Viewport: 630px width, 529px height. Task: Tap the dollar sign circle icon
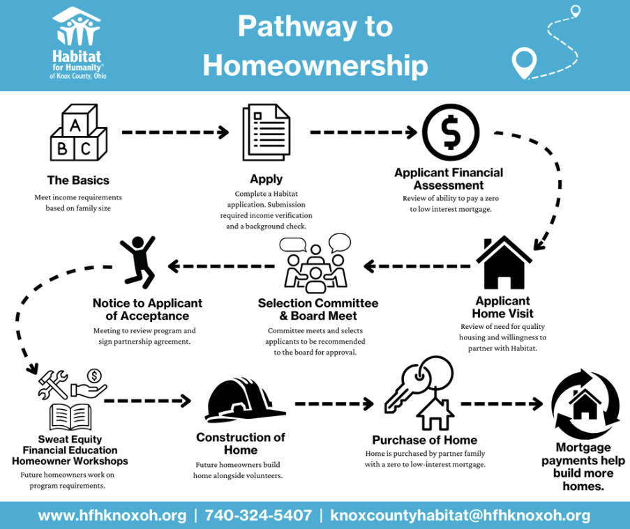point(451,131)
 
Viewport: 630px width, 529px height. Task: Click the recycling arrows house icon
point(585,403)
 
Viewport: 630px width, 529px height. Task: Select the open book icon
point(70,417)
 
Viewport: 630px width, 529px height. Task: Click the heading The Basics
point(78,180)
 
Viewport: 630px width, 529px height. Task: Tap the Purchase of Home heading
point(424,440)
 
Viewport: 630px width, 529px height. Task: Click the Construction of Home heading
point(241,443)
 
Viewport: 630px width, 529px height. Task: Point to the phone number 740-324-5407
point(258,516)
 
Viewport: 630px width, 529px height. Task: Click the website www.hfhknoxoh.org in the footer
point(112,516)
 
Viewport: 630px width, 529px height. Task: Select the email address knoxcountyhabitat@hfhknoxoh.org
point(460,516)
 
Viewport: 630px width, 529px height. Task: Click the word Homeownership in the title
point(315,66)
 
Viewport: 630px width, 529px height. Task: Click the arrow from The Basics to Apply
point(176,132)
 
